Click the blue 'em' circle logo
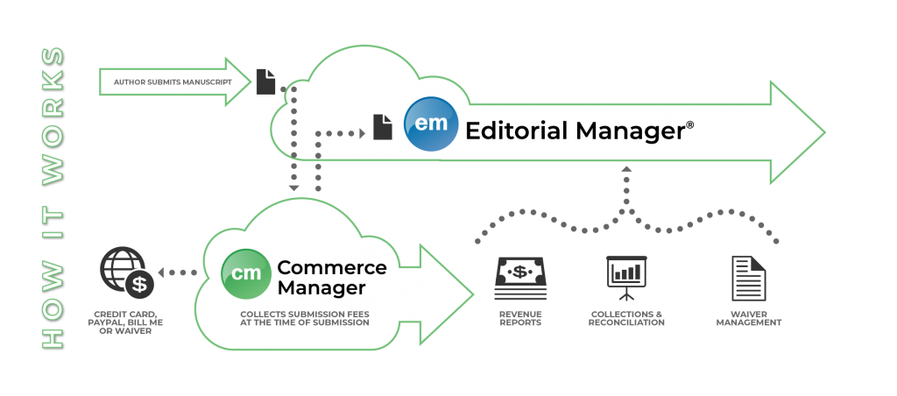pyautogui.click(x=431, y=124)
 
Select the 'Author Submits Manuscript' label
pyautogui.click(x=173, y=82)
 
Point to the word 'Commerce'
pyautogui.click(x=332, y=267)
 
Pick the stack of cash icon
pyautogui.click(x=520, y=279)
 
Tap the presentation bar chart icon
pyautogui.click(x=626, y=278)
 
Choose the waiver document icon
pyautogui.click(x=748, y=279)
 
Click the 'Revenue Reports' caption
pyautogui.click(x=520, y=319)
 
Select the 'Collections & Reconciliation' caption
pyautogui.click(x=626, y=319)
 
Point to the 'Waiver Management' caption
pyautogui.click(x=748, y=319)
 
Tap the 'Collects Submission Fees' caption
pyautogui.click(x=304, y=315)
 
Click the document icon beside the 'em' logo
pyautogui.click(x=383, y=127)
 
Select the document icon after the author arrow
pyautogui.click(x=266, y=81)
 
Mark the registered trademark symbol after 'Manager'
pyautogui.click(x=689, y=124)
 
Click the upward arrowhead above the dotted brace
pyautogui.click(x=626, y=169)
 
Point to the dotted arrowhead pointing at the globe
pyautogui.click(x=161, y=273)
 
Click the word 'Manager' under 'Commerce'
pyautogui.click(x=321, y=287)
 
